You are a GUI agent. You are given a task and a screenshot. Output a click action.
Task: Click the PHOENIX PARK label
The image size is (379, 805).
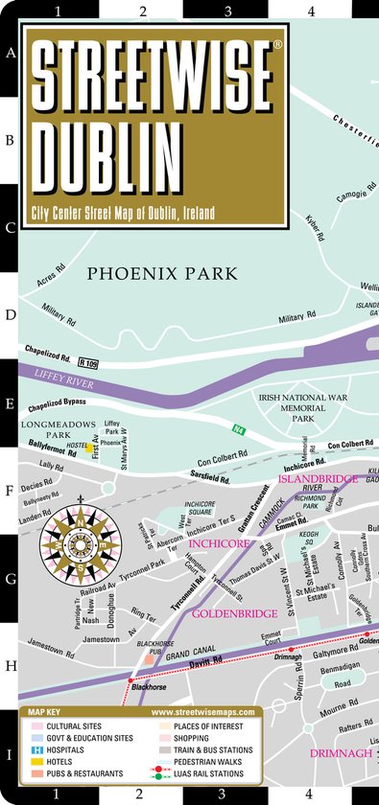pos(161,273)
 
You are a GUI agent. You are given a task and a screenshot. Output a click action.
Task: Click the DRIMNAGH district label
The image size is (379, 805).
pos(339,754)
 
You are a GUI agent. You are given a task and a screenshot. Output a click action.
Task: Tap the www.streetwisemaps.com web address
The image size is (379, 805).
pos(202,712)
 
